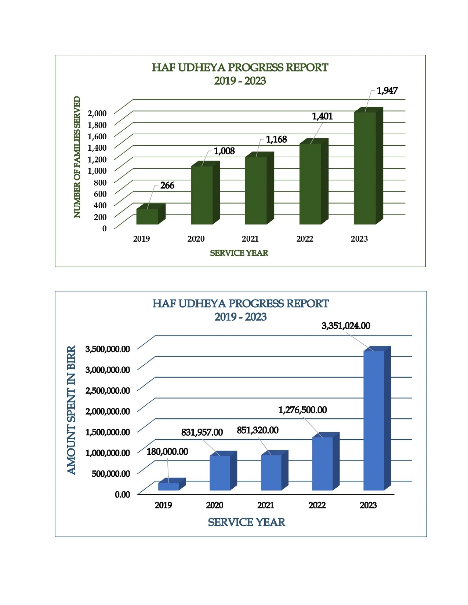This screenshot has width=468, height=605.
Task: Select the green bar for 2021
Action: (256, 191)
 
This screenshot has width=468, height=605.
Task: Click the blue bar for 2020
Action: (220, 473)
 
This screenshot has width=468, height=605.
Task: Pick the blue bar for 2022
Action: (322, 463)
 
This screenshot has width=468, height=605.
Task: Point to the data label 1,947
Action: (387, 91)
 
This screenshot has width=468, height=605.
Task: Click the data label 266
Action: (167, 186)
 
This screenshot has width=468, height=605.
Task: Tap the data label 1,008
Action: (224, 151)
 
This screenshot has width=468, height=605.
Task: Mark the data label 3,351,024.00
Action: (346, 326)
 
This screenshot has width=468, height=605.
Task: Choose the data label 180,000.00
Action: (167, 452)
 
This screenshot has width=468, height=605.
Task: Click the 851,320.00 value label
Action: (258, 430)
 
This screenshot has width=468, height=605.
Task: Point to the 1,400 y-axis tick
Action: (97, 148)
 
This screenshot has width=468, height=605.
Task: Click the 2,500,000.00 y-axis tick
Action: (108, 390)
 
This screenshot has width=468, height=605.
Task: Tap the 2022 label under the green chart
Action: (305, 239)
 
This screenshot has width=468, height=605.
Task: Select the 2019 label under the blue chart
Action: (163, 505)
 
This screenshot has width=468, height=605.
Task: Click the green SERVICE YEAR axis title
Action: (239, 253)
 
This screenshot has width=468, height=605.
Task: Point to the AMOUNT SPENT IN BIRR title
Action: (71, 410)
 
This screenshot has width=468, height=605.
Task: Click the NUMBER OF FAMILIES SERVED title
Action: (77, 157)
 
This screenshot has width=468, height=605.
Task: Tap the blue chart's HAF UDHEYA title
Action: (240, 304)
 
